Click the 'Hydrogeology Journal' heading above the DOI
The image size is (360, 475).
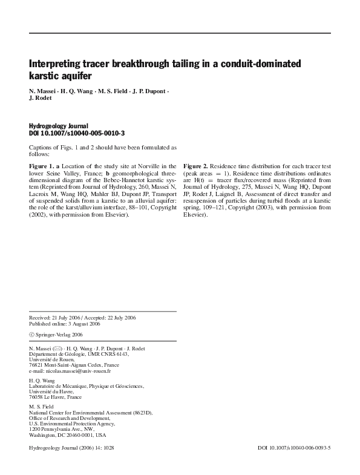point(59,126)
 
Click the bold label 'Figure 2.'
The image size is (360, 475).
point(196,166)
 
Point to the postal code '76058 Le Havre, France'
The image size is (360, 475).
point(55,397)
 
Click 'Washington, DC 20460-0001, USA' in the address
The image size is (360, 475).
point(67,435)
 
